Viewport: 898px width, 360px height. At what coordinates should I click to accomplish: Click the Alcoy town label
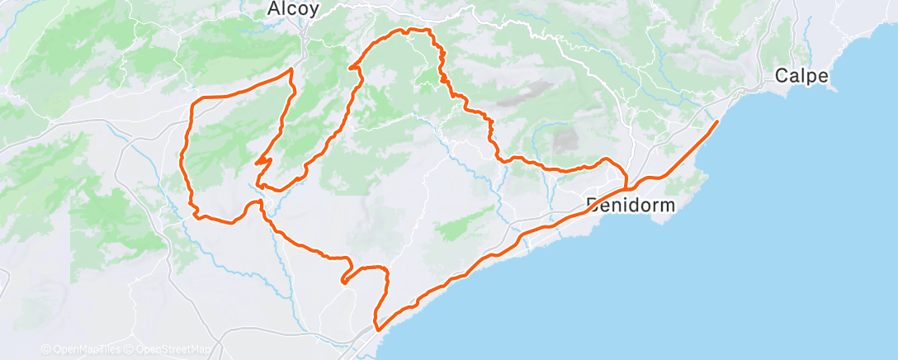pos(293,9)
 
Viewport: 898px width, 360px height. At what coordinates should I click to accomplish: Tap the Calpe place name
pos(801,76)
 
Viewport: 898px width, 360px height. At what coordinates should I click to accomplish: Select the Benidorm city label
pos(630,204)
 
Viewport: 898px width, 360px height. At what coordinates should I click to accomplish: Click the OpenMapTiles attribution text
pos(85,350)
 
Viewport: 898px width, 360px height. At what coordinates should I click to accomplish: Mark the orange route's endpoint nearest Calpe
pos(716,122)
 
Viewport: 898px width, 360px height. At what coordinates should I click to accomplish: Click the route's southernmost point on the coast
pos(378,329)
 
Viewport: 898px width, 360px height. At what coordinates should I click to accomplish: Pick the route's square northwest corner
pos(195,100)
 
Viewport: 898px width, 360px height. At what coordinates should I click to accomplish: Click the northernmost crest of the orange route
pos(418,30)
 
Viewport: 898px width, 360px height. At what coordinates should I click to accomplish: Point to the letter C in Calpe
pos(782,76)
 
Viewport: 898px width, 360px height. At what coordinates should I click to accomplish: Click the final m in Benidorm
pos(667,204)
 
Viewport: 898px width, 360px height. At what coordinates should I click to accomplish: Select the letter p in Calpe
pos(812,78)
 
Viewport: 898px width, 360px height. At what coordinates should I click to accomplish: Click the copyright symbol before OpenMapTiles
pos(45,350)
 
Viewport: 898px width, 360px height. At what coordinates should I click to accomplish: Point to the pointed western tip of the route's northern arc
pos(351,69)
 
